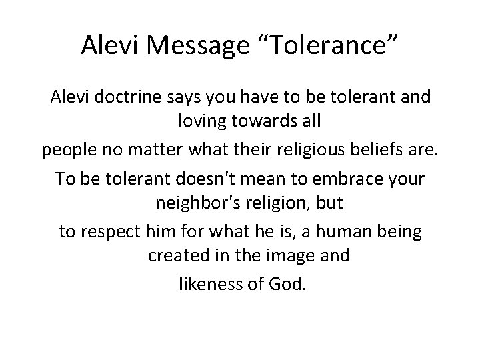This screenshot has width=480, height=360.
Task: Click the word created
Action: (175, 255)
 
